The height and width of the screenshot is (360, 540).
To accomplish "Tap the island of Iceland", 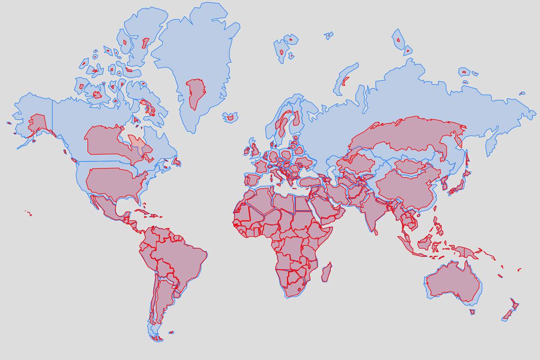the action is [230, 117].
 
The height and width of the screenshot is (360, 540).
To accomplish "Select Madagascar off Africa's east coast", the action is [327, 273].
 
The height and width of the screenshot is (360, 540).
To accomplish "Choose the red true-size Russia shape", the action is [405, 135].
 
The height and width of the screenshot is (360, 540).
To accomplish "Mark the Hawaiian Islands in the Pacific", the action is [28, 212].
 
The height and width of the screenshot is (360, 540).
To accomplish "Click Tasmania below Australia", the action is [472, 312].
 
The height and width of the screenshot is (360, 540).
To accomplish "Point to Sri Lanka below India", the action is [376, 232].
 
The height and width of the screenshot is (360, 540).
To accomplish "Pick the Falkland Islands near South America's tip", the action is [171, 333].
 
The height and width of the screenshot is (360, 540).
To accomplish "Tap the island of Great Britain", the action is [255, 148].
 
